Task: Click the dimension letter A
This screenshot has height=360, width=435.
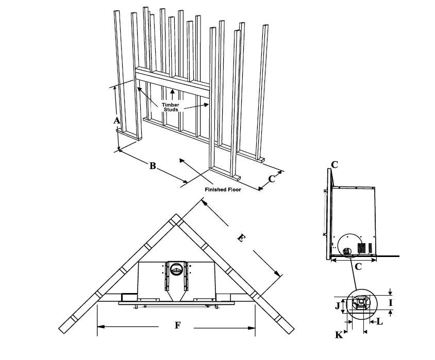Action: pos(117,121)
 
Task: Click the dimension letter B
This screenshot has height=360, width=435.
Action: pos(153,166)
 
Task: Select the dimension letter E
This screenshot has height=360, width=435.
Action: pos(240,239)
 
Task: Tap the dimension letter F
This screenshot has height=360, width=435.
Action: pos(178,325)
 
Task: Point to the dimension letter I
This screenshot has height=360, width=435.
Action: pos(390,303)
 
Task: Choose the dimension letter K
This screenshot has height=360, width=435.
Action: pos(339,335)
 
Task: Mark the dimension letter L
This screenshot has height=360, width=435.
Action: pos(380,322)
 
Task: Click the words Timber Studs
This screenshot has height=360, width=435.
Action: pos(171,107)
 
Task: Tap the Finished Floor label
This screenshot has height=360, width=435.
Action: pos(223,190)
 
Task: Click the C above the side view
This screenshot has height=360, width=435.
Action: pos(334,165)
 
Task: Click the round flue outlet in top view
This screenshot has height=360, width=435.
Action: pos(176,268)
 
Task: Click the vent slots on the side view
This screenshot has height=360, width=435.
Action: pos(364,248)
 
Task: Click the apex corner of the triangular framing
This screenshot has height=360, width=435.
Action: pos(177,219)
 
